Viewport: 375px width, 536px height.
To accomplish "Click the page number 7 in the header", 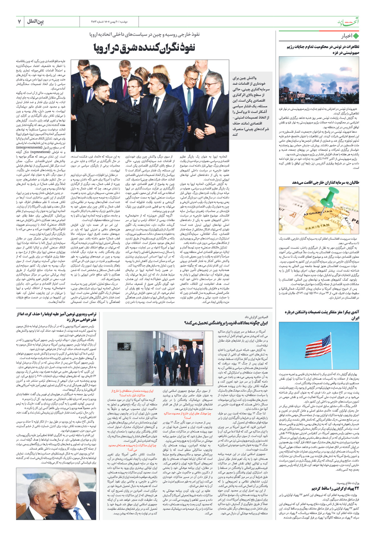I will click(19, 22).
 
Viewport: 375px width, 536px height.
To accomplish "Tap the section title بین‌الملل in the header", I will click(35, 21).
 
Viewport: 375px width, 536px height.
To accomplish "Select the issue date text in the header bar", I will click(109, 22).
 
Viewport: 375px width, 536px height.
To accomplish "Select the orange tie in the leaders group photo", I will click(200, 81).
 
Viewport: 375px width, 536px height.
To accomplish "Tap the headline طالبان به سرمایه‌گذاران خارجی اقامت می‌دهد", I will click(326, 183).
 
